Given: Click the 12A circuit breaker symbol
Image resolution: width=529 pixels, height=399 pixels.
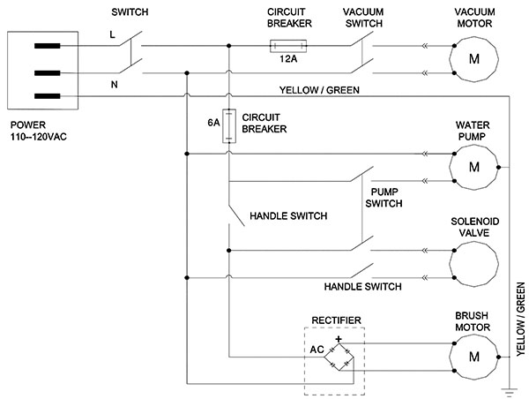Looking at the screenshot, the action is point(288,46).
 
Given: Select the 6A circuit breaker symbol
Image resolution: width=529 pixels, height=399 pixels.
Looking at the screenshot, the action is point(228,125).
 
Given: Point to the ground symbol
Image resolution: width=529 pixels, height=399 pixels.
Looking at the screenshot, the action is point(509,392).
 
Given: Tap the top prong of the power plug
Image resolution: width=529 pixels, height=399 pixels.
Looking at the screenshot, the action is point(48,46).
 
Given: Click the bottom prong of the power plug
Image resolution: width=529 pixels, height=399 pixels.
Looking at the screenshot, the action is point(48,96).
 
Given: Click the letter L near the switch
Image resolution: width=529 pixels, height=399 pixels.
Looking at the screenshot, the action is point(112,34).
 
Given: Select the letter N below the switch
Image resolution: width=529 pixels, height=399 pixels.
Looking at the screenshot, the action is point(115,85).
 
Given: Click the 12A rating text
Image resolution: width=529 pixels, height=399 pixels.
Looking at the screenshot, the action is point(288,59).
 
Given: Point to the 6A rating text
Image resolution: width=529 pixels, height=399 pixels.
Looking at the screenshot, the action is point(213,123).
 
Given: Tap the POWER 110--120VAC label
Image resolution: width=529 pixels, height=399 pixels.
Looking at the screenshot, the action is point(39,131).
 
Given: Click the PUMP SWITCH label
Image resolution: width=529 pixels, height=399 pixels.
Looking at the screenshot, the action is point(384,198).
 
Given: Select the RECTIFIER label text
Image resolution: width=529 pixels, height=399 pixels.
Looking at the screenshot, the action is point(337,320).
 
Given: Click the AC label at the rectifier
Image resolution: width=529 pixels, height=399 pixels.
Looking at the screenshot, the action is point(317,350).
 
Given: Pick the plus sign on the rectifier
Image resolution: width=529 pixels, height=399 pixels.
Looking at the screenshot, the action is point(339,338).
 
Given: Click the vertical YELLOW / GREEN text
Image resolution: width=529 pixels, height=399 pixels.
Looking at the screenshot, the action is point(520,320).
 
